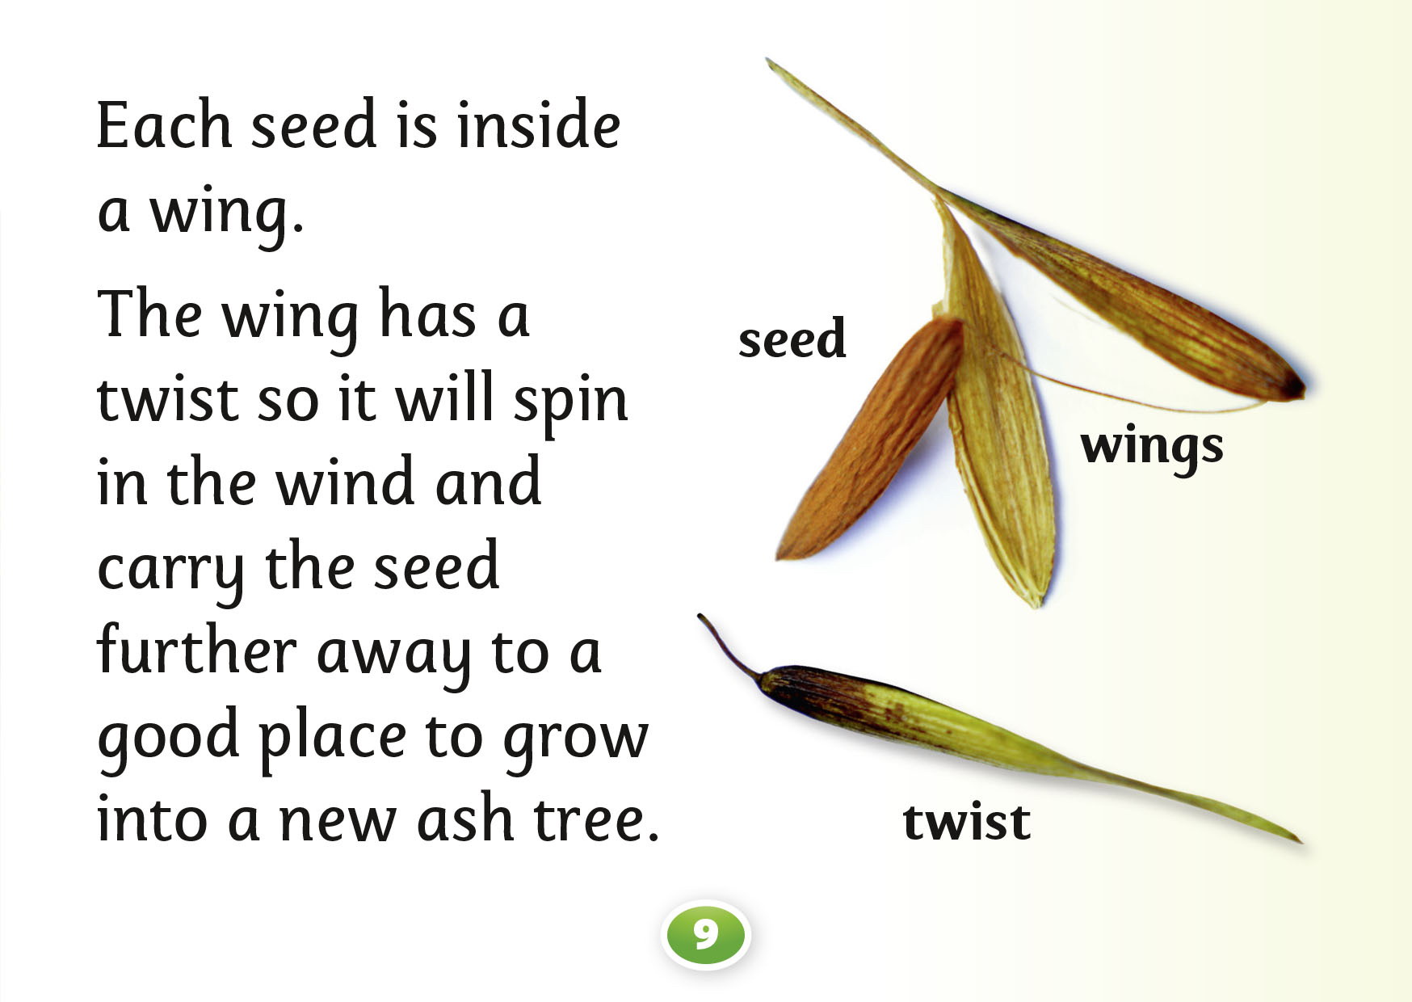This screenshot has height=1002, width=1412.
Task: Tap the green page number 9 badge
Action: (x=705, y=935)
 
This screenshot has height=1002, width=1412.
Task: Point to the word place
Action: (x=332, y=738)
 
